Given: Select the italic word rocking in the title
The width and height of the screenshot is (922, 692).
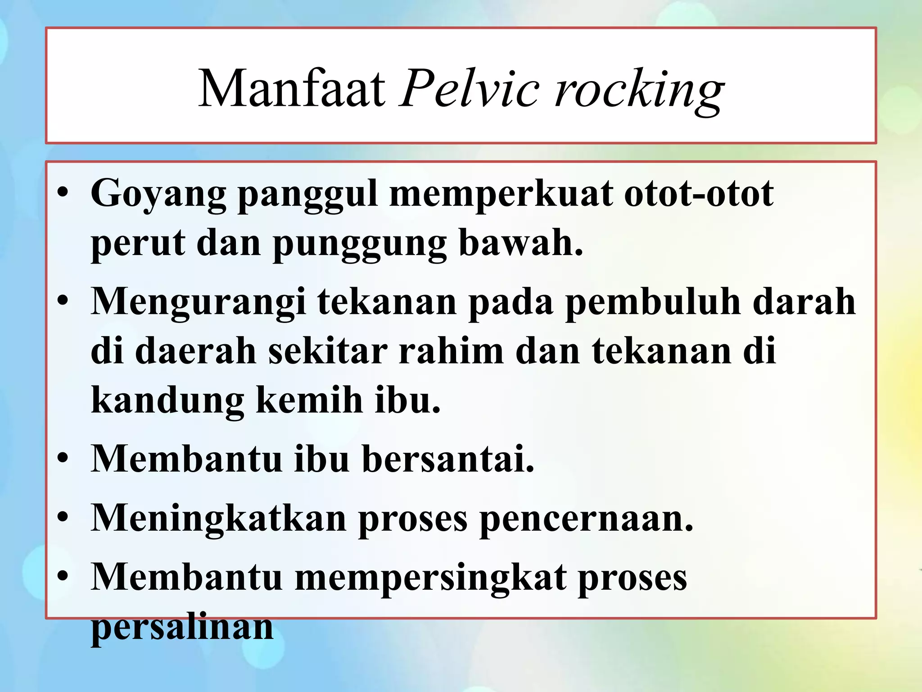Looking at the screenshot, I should [x=639, y=90].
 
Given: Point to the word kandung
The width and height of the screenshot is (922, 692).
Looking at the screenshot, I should [x=167, y=401].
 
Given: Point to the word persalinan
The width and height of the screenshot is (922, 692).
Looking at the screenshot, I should [x=182, y=627].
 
